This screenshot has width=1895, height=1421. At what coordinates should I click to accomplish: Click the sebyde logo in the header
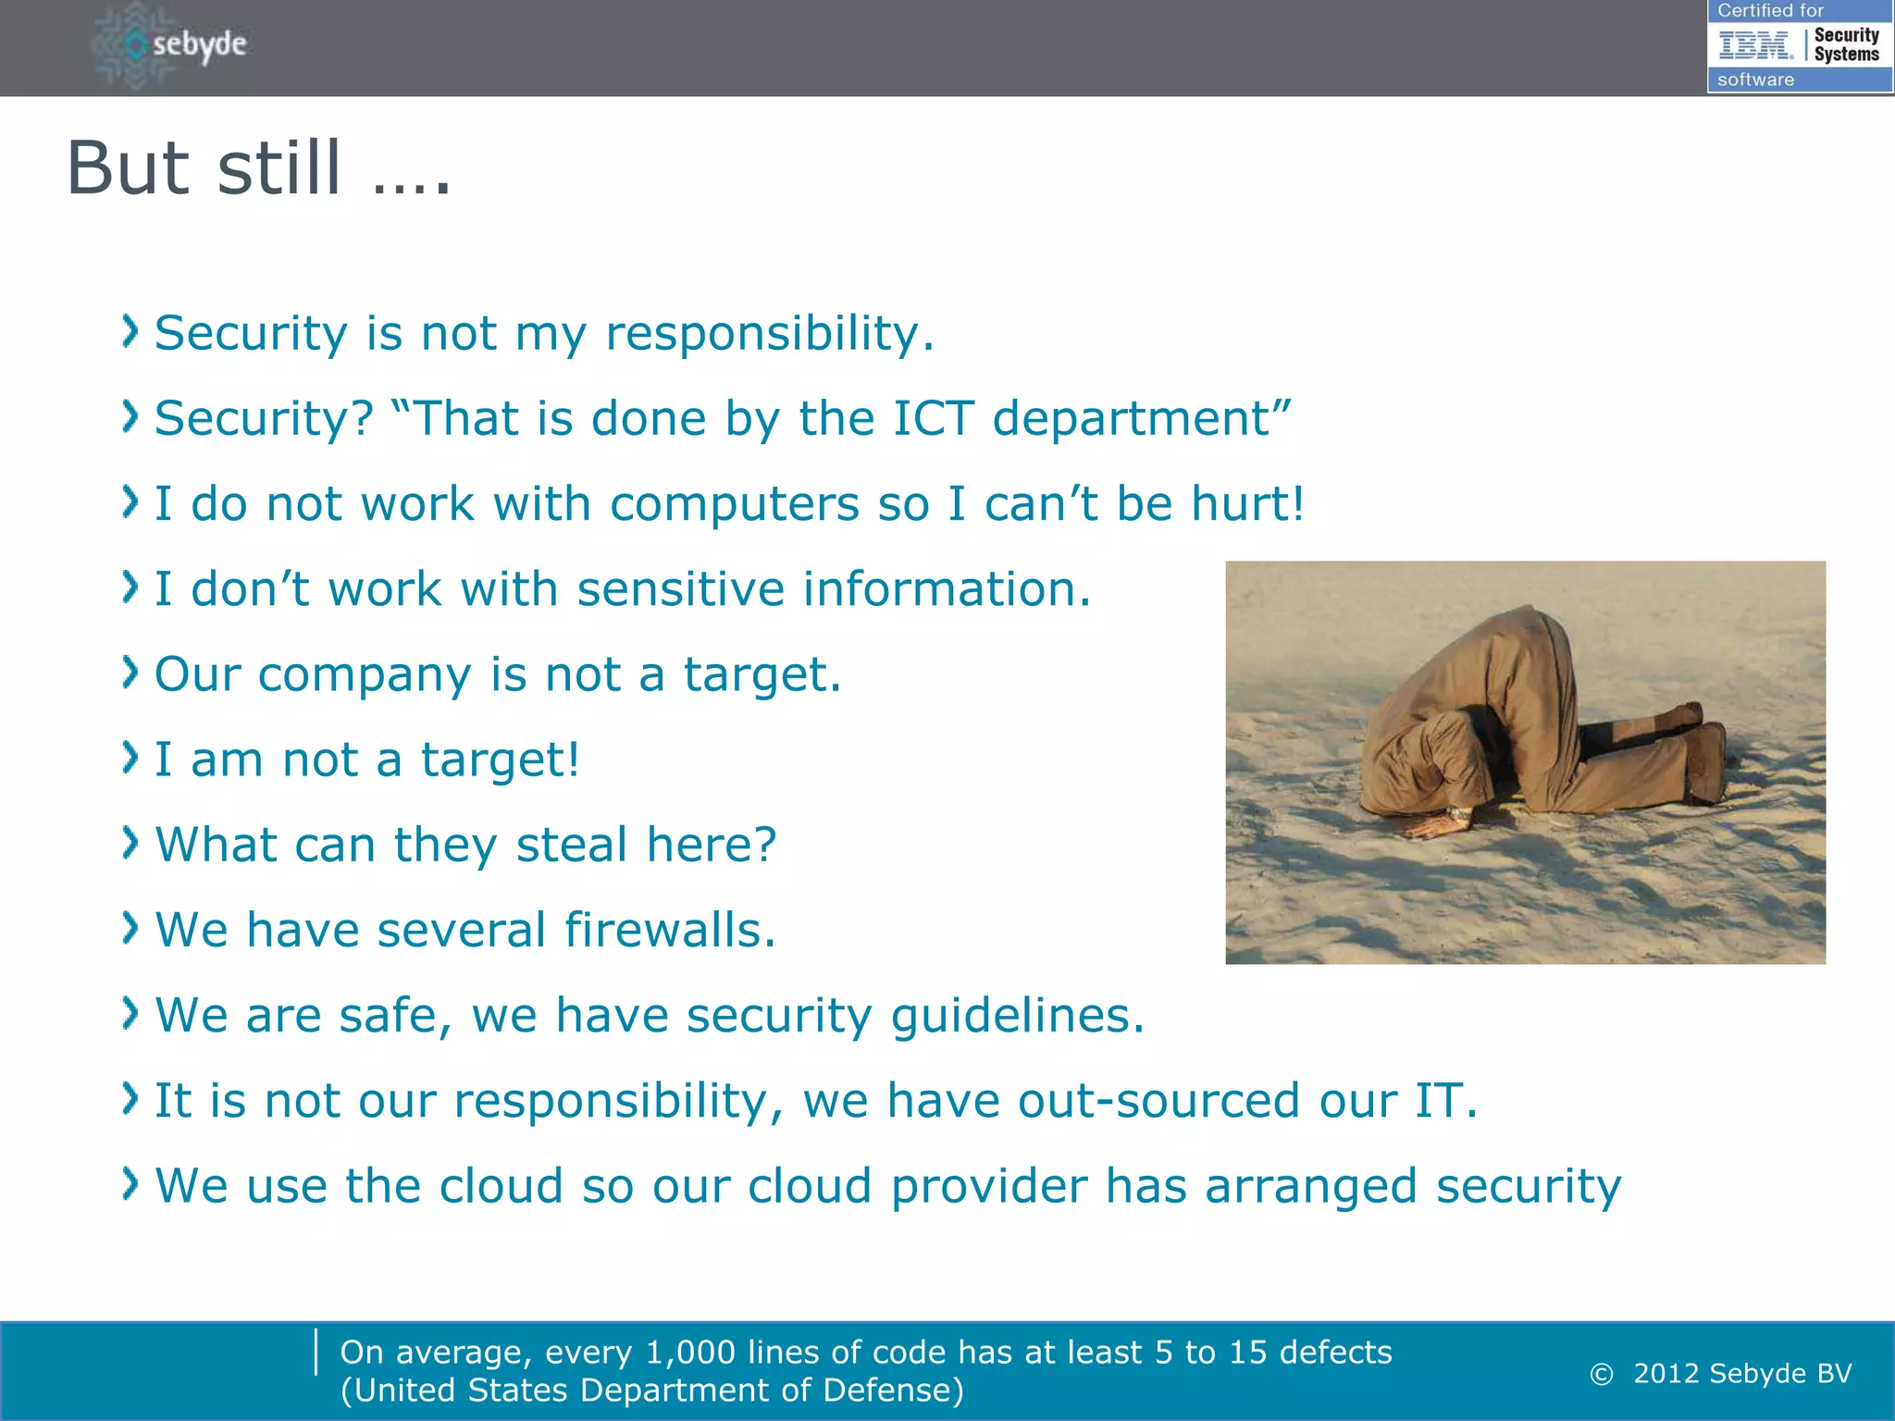(171, 44)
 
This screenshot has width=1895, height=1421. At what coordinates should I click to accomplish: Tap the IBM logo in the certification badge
(1754, 44)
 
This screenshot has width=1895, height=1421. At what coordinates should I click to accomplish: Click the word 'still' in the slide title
(279, 168)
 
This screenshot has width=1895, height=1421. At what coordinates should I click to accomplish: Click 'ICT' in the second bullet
(933, 418)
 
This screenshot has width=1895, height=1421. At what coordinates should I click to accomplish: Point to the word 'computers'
(735, 504)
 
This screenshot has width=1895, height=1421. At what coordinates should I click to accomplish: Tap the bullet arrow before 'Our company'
(130, 673)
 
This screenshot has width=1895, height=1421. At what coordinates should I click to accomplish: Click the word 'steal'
(572, 845)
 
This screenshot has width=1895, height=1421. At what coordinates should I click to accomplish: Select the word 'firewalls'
(669, 930)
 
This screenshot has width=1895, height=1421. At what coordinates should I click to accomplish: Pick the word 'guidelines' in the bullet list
(1016, 1016)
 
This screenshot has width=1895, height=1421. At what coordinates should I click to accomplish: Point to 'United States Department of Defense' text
(652, 1390)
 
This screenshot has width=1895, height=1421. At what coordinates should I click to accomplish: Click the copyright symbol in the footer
(1602, 1375)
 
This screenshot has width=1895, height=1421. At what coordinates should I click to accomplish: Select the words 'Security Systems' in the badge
(1846, 44)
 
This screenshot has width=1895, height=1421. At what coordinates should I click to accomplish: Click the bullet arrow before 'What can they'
(130, 843)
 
